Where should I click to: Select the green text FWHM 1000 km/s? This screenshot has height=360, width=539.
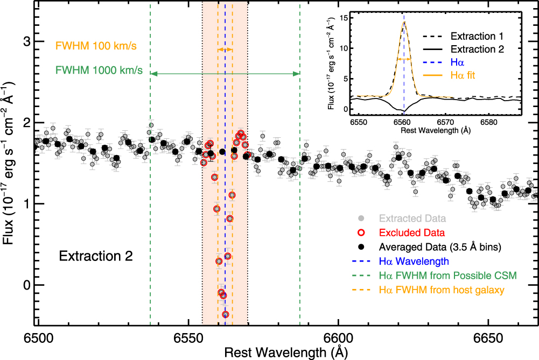pyautogui.click(x=99, y=70)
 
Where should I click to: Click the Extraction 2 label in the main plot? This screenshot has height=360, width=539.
pyautogui.click(x=96, y=256)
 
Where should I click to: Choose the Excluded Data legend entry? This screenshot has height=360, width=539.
pyautogui.click(x=412, y=233)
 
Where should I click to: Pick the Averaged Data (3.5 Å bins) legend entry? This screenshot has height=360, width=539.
pyautogui.click(x=440, y=248)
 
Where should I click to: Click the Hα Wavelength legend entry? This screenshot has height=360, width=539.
pyautogui.click(x=414, y=262)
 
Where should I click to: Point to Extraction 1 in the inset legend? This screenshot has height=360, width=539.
pyautogui.click(x=477, y=37)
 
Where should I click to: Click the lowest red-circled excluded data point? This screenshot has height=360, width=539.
pyautogui.click(x=226, y=314)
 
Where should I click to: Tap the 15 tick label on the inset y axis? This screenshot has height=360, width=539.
pyautogui.click(x=344, y=18)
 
